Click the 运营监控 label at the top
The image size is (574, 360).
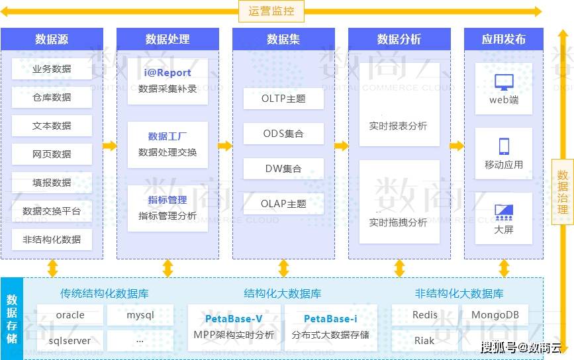[271, 11]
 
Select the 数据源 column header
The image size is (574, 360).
[52, 39]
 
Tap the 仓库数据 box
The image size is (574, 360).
[52, 97]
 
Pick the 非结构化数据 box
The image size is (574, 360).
[52, 240]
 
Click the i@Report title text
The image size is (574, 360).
[167, 72]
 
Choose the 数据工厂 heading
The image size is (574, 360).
[167, 136]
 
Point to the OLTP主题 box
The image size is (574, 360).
[283, 99]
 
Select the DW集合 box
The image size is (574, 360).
[283, 169]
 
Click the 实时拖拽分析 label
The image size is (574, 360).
[398, 222]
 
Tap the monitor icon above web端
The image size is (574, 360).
[504, 82]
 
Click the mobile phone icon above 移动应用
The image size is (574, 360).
[504, 146]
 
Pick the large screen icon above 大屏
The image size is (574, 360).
[504, 212]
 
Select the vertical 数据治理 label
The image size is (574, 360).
[563, 192]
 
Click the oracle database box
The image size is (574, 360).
[70, 315]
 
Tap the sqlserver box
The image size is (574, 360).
[70, 341]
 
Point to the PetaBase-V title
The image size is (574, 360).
[234, 319]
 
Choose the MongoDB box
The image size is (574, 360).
[495, 315]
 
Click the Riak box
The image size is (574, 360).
[424, 341]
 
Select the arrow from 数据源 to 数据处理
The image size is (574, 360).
[110, 146]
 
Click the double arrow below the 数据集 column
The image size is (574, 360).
[284, 268]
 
